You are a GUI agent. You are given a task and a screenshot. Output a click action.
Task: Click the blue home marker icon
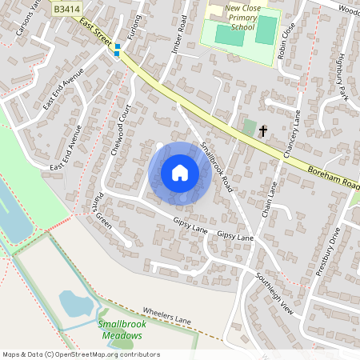pyautogui.click(x=180, y=173)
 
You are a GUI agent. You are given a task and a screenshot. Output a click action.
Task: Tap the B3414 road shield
pyautogui.click(x=68, y=8)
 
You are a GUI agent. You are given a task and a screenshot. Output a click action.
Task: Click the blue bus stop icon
pyautogui.click(x=118, y=50)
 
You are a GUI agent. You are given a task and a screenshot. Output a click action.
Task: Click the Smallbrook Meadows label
pyautogui.click(x=120, y=330)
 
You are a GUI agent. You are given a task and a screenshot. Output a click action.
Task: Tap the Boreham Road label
pyautogui.click(x=332, y=176)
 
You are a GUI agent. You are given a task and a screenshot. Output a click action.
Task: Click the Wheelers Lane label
pyautogui.click(x=169, y=314)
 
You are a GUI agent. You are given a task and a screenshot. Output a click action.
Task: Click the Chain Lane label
pyautogui.click(x=269, y=200)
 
